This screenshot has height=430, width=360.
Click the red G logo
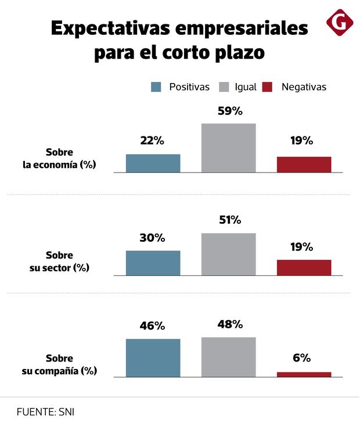tap(340, 22)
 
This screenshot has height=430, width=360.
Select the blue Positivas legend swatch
tap(156, 87)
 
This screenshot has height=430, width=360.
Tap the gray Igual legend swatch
tap(224, 87)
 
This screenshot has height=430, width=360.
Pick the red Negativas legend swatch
tap(267, 87)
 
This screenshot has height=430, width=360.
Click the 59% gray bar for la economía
tap(228, 148)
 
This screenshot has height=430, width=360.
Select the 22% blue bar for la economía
tap(153, 163)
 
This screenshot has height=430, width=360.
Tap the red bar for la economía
tap(304, 164)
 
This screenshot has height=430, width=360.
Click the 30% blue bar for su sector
tap(153, 263)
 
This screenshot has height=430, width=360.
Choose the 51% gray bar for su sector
tap(228, 254)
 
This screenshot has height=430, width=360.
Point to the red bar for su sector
tap(304, 267)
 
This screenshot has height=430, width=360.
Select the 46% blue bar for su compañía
tap(153, 358)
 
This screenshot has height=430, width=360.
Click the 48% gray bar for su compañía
tap(228, 357)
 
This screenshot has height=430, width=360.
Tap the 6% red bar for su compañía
tap(304, 374)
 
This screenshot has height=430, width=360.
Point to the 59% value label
tap(229, 111)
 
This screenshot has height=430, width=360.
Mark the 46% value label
tap(153, 325)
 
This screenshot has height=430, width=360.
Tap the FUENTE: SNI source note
tap(46, 412)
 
